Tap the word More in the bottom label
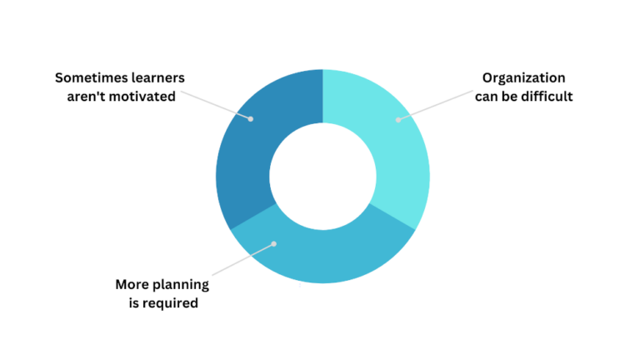(x=134, y=285)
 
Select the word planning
(x=183, y=285)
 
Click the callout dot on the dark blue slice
(x=249, y=117)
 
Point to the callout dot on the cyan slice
(x=397, y=120)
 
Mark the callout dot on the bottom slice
(x=273, y=244)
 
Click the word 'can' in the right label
(x=494, y=97)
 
